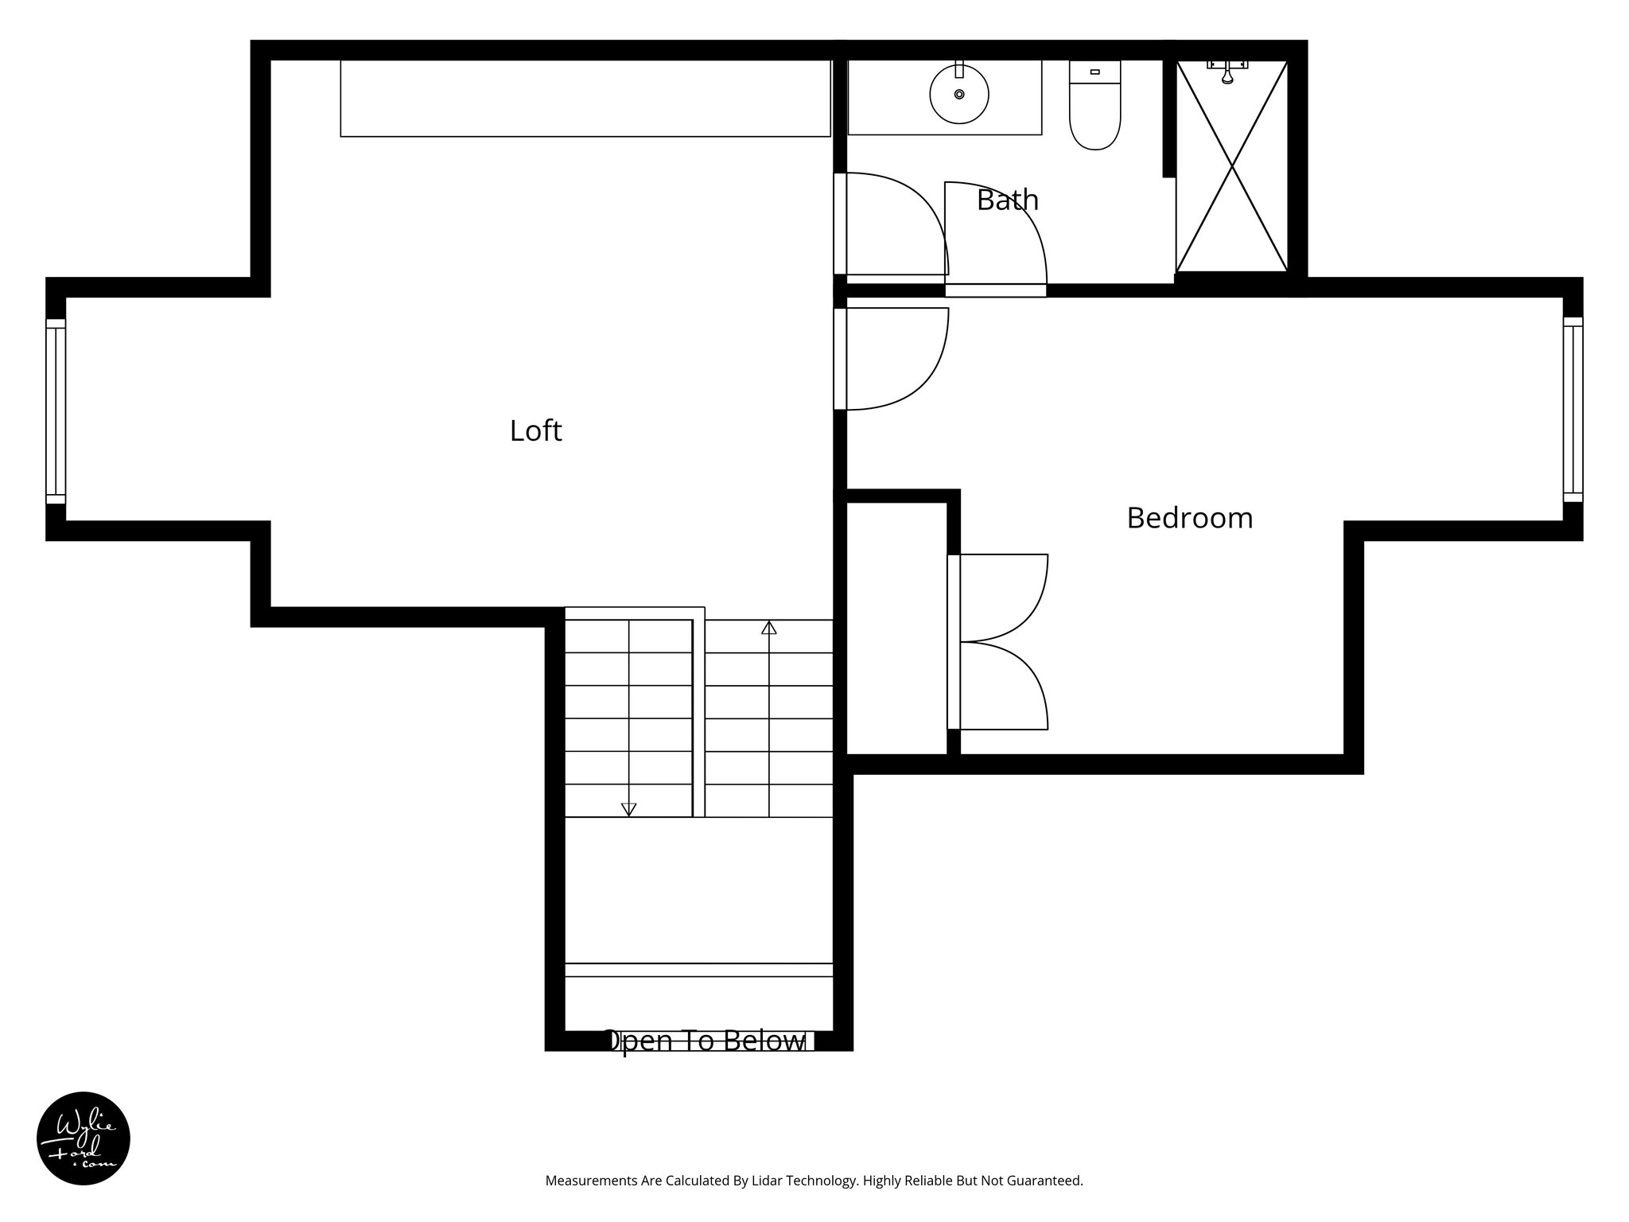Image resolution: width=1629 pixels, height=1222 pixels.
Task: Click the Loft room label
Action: [535, 431]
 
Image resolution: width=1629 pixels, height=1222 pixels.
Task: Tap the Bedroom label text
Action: [1189, 518]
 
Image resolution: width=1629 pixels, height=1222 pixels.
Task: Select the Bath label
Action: [1007, 200]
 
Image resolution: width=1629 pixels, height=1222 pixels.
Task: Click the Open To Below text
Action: [705, 1041]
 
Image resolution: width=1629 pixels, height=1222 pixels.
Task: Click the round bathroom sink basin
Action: [958, 95]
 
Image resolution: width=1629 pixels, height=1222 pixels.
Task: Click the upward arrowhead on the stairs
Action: [768, 628]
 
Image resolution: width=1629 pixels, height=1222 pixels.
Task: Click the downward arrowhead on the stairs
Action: [628, 809]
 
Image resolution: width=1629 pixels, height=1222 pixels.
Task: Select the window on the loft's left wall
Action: [55, 411]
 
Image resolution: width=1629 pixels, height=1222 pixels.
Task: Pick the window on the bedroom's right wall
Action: [1573, 409]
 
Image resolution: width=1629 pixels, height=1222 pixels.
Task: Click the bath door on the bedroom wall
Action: [994, 239]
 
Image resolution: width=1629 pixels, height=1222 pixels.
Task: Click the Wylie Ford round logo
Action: [84, 1138]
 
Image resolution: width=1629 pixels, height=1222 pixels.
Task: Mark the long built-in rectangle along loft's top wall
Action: [585, 98]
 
